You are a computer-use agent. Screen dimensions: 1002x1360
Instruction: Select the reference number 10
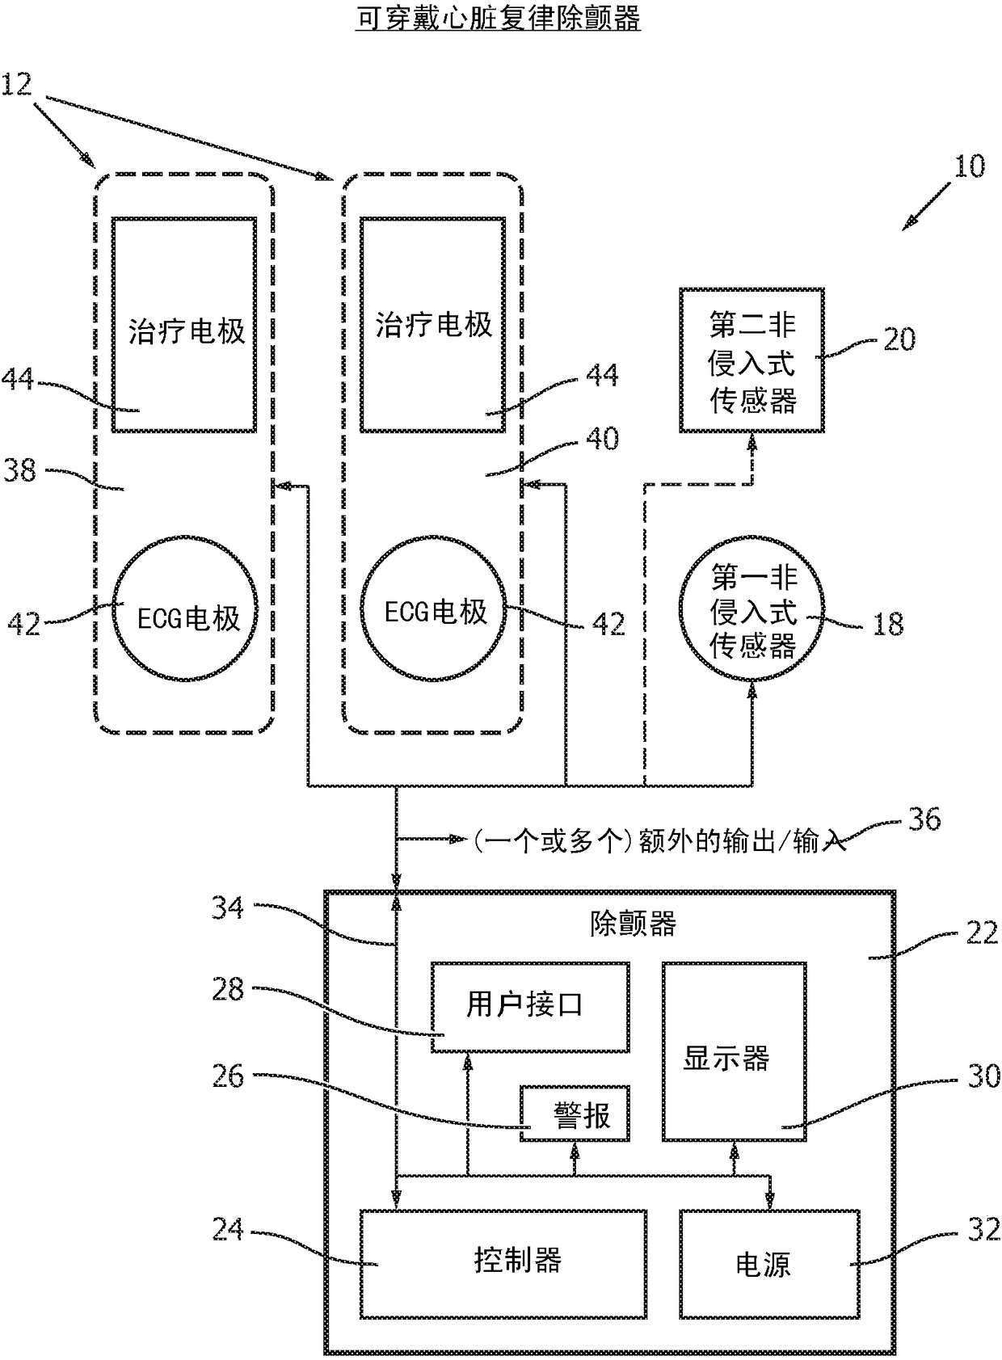tap(969, 166)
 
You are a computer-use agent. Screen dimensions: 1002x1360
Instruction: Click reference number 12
tap(16, 84)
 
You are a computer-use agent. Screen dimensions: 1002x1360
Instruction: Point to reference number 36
tap(924, 819)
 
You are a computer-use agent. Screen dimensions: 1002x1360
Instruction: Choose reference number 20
tap(899, 339)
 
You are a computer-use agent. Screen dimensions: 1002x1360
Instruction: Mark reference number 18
tap(888, 624)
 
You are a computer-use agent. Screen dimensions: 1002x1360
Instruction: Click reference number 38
tap(19, 470)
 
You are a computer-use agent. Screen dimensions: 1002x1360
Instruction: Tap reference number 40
tap(603, 438)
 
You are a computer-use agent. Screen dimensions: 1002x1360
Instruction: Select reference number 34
tap(228, 908)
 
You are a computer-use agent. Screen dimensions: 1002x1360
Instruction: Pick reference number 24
tap(228, 1230)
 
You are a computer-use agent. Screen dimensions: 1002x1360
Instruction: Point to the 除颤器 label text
tap(633, 924)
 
